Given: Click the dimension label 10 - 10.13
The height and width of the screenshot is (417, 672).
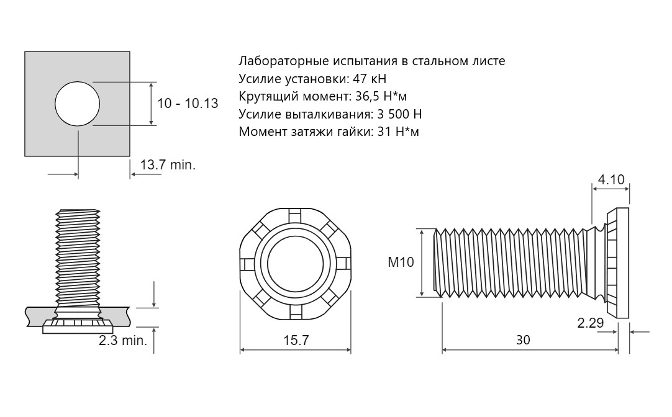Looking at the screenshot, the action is point(188,103).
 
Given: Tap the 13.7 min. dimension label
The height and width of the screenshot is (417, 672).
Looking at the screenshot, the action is point(168,165).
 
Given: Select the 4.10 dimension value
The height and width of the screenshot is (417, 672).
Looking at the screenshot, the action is point(611,179).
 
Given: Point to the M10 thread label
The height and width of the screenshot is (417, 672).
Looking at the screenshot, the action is point(401,262).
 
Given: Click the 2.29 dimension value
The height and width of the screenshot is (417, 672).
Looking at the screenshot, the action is point(591,323).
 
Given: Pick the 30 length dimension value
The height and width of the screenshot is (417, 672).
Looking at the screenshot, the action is point(523,339).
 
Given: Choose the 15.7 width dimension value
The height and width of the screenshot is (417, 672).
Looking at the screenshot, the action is point(296,340).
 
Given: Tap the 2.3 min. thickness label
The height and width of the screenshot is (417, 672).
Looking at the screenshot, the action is point(123,341).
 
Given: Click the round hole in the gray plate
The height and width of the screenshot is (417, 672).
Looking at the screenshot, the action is point(78,104).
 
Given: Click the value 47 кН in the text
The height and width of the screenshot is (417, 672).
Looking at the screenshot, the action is point(369,79).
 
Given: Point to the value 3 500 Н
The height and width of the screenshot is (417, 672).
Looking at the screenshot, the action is point(399,114).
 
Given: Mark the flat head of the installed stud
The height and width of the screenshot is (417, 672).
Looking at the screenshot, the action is point(77,327).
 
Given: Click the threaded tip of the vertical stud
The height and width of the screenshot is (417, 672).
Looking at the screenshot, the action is point(78,212).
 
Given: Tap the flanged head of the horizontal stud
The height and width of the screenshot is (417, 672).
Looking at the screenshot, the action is point(618,263).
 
